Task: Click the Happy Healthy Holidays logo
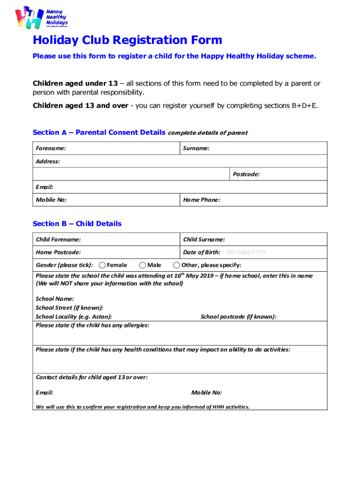(x=42, y=18)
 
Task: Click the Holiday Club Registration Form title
(x=127, y=40)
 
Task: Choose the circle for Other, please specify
(x=177, y=265)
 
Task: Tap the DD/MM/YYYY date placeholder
(x=246, y=253)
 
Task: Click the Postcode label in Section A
(x=246, y=174)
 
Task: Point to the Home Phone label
(x=202, y=200)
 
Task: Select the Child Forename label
(x=58, y=239)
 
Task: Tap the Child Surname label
(x=204, y=239)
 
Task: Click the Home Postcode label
(x=58, y=253)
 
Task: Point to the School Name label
(x=55, y=299)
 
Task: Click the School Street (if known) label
(x=70, y=308)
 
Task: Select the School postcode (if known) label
(x=238, y=317)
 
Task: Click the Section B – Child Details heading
(x=77, y=224)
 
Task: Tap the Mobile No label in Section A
(x=51, y=200)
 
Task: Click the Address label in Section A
(x=48, y=161)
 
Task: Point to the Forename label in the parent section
(x=50, y=148)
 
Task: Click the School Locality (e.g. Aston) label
(x=74, y=317)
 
